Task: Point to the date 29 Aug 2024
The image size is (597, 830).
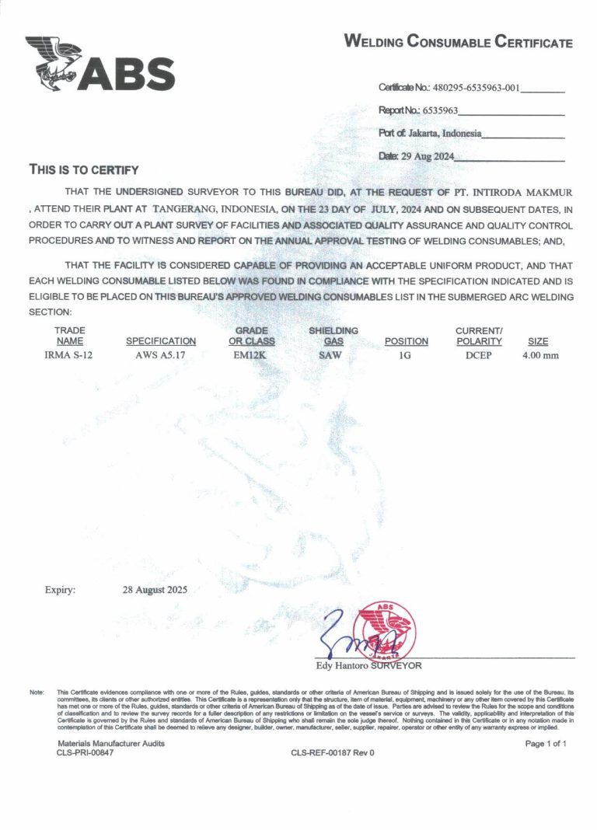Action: click(427, 156)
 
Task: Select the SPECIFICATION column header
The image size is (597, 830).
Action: click(161, 341)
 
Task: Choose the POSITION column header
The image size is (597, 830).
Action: click(407, 341)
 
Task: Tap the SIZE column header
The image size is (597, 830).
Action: click(538, 341)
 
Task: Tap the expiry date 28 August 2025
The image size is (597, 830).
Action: click(155, 590)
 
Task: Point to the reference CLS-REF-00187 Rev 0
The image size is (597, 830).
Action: click(333, 753)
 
